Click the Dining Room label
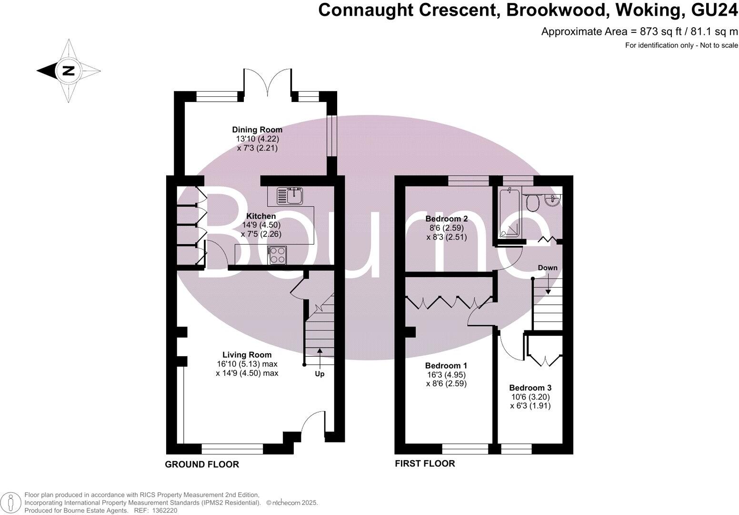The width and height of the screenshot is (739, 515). pyautogui.click(x=257, y=130)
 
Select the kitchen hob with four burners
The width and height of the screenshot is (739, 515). pyautogui.click(x=278, y=255)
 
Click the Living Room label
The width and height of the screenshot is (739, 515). pyautogui.click(x=247, y=355)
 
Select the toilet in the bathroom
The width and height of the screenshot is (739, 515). pyautogui.click(x=533, y=203)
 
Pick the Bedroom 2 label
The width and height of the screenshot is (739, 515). pyautogui.click(x=446, y=219)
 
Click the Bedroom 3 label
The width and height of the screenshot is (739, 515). pyautogui.click(x=530, y=388)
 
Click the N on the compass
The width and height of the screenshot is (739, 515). pyautogui.click(x=69, y=71)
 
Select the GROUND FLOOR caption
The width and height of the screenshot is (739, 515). pyautogui.click(x=202, y=464)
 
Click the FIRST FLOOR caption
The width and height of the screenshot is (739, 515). pyautogui.click(x=425, y=463)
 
